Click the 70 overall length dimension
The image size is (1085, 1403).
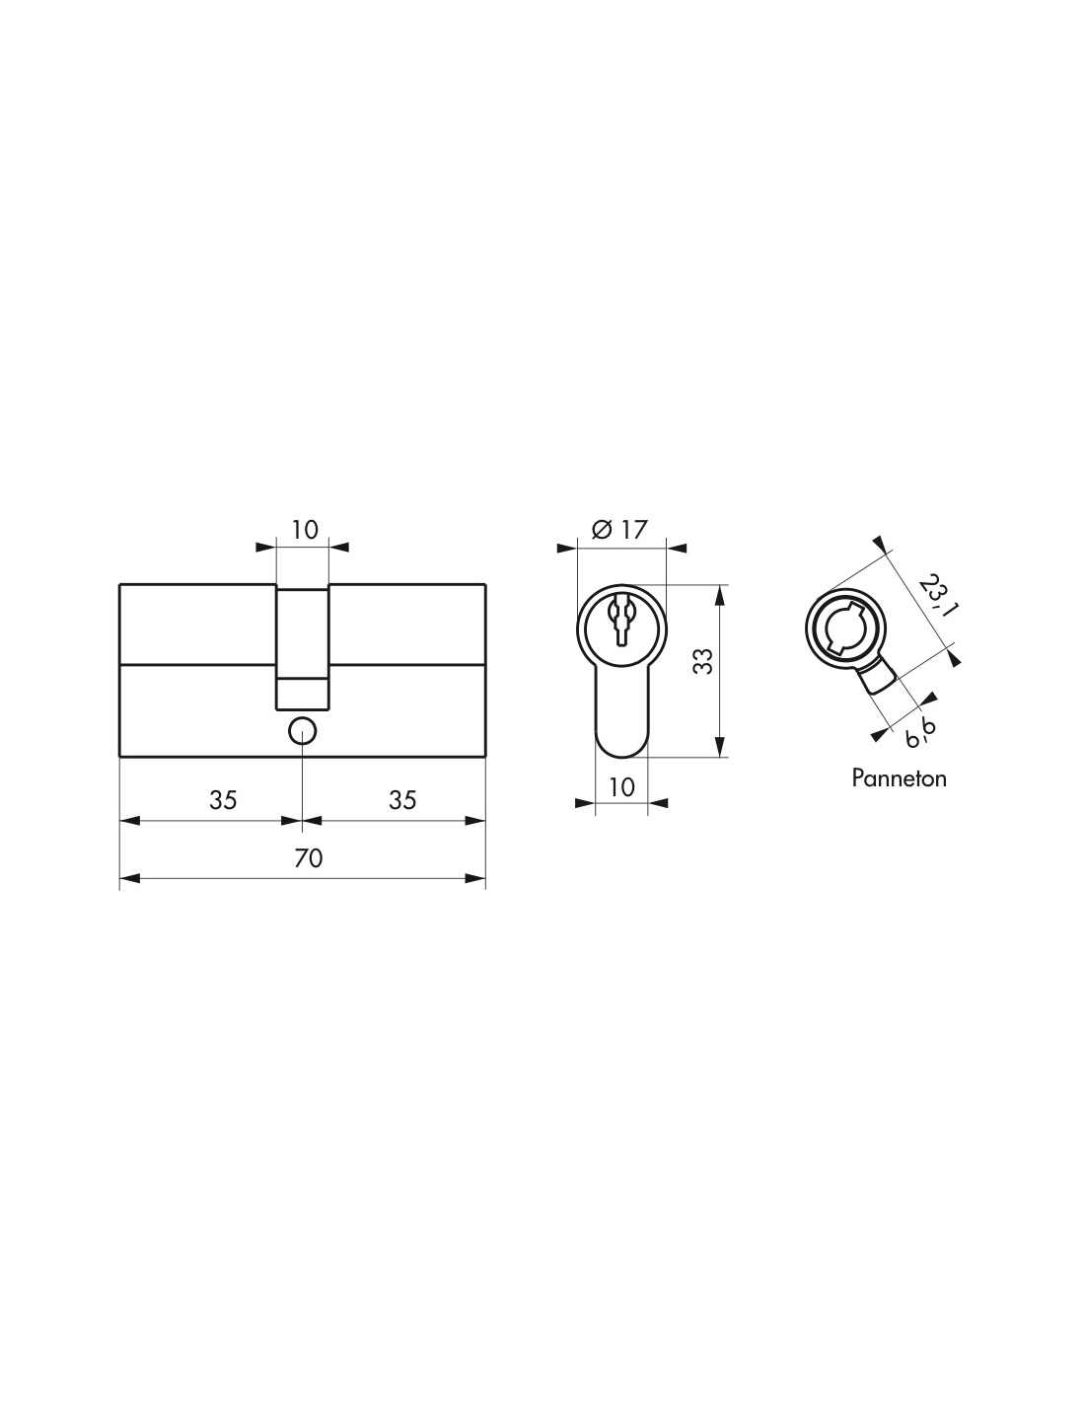click(x=309, y=858)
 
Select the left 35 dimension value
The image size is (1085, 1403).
click(x=223, y=800)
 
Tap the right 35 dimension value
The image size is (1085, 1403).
click(x=401, y=800)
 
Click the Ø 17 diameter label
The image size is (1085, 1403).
click(x=618, y=530)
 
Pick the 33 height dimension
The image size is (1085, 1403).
click(x=702, y=662)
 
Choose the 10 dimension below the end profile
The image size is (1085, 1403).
click(x=621, y=786)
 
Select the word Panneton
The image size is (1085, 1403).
click(x=899, y=778)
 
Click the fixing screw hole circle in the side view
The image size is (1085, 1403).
click(x=302, y=731)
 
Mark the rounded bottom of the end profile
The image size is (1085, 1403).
click(x=620, y=745)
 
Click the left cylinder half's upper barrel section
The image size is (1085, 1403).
click(x=197, y=623)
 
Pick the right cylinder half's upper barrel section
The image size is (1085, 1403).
click(x=406, y=623)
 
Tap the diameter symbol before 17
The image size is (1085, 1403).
click(x=601, y=530)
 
